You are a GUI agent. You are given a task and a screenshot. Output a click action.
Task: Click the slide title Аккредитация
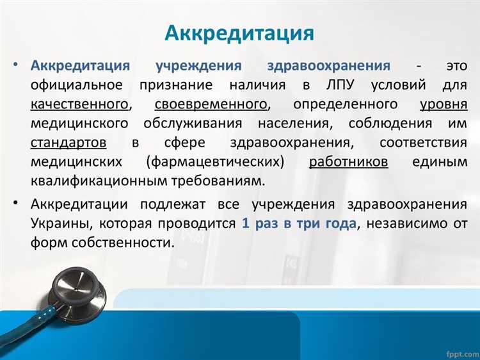(239, 33)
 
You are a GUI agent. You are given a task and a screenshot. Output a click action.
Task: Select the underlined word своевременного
(211, 104)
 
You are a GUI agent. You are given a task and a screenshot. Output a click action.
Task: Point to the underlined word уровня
(444, 104)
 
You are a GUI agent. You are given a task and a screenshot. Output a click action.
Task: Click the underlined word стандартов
(68, 142)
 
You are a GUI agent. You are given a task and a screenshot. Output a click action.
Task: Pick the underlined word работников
(348, 161)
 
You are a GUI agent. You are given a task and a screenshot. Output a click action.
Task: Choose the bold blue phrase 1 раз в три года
(300, 224)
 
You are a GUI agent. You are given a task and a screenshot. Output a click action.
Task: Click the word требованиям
(219, 181)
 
